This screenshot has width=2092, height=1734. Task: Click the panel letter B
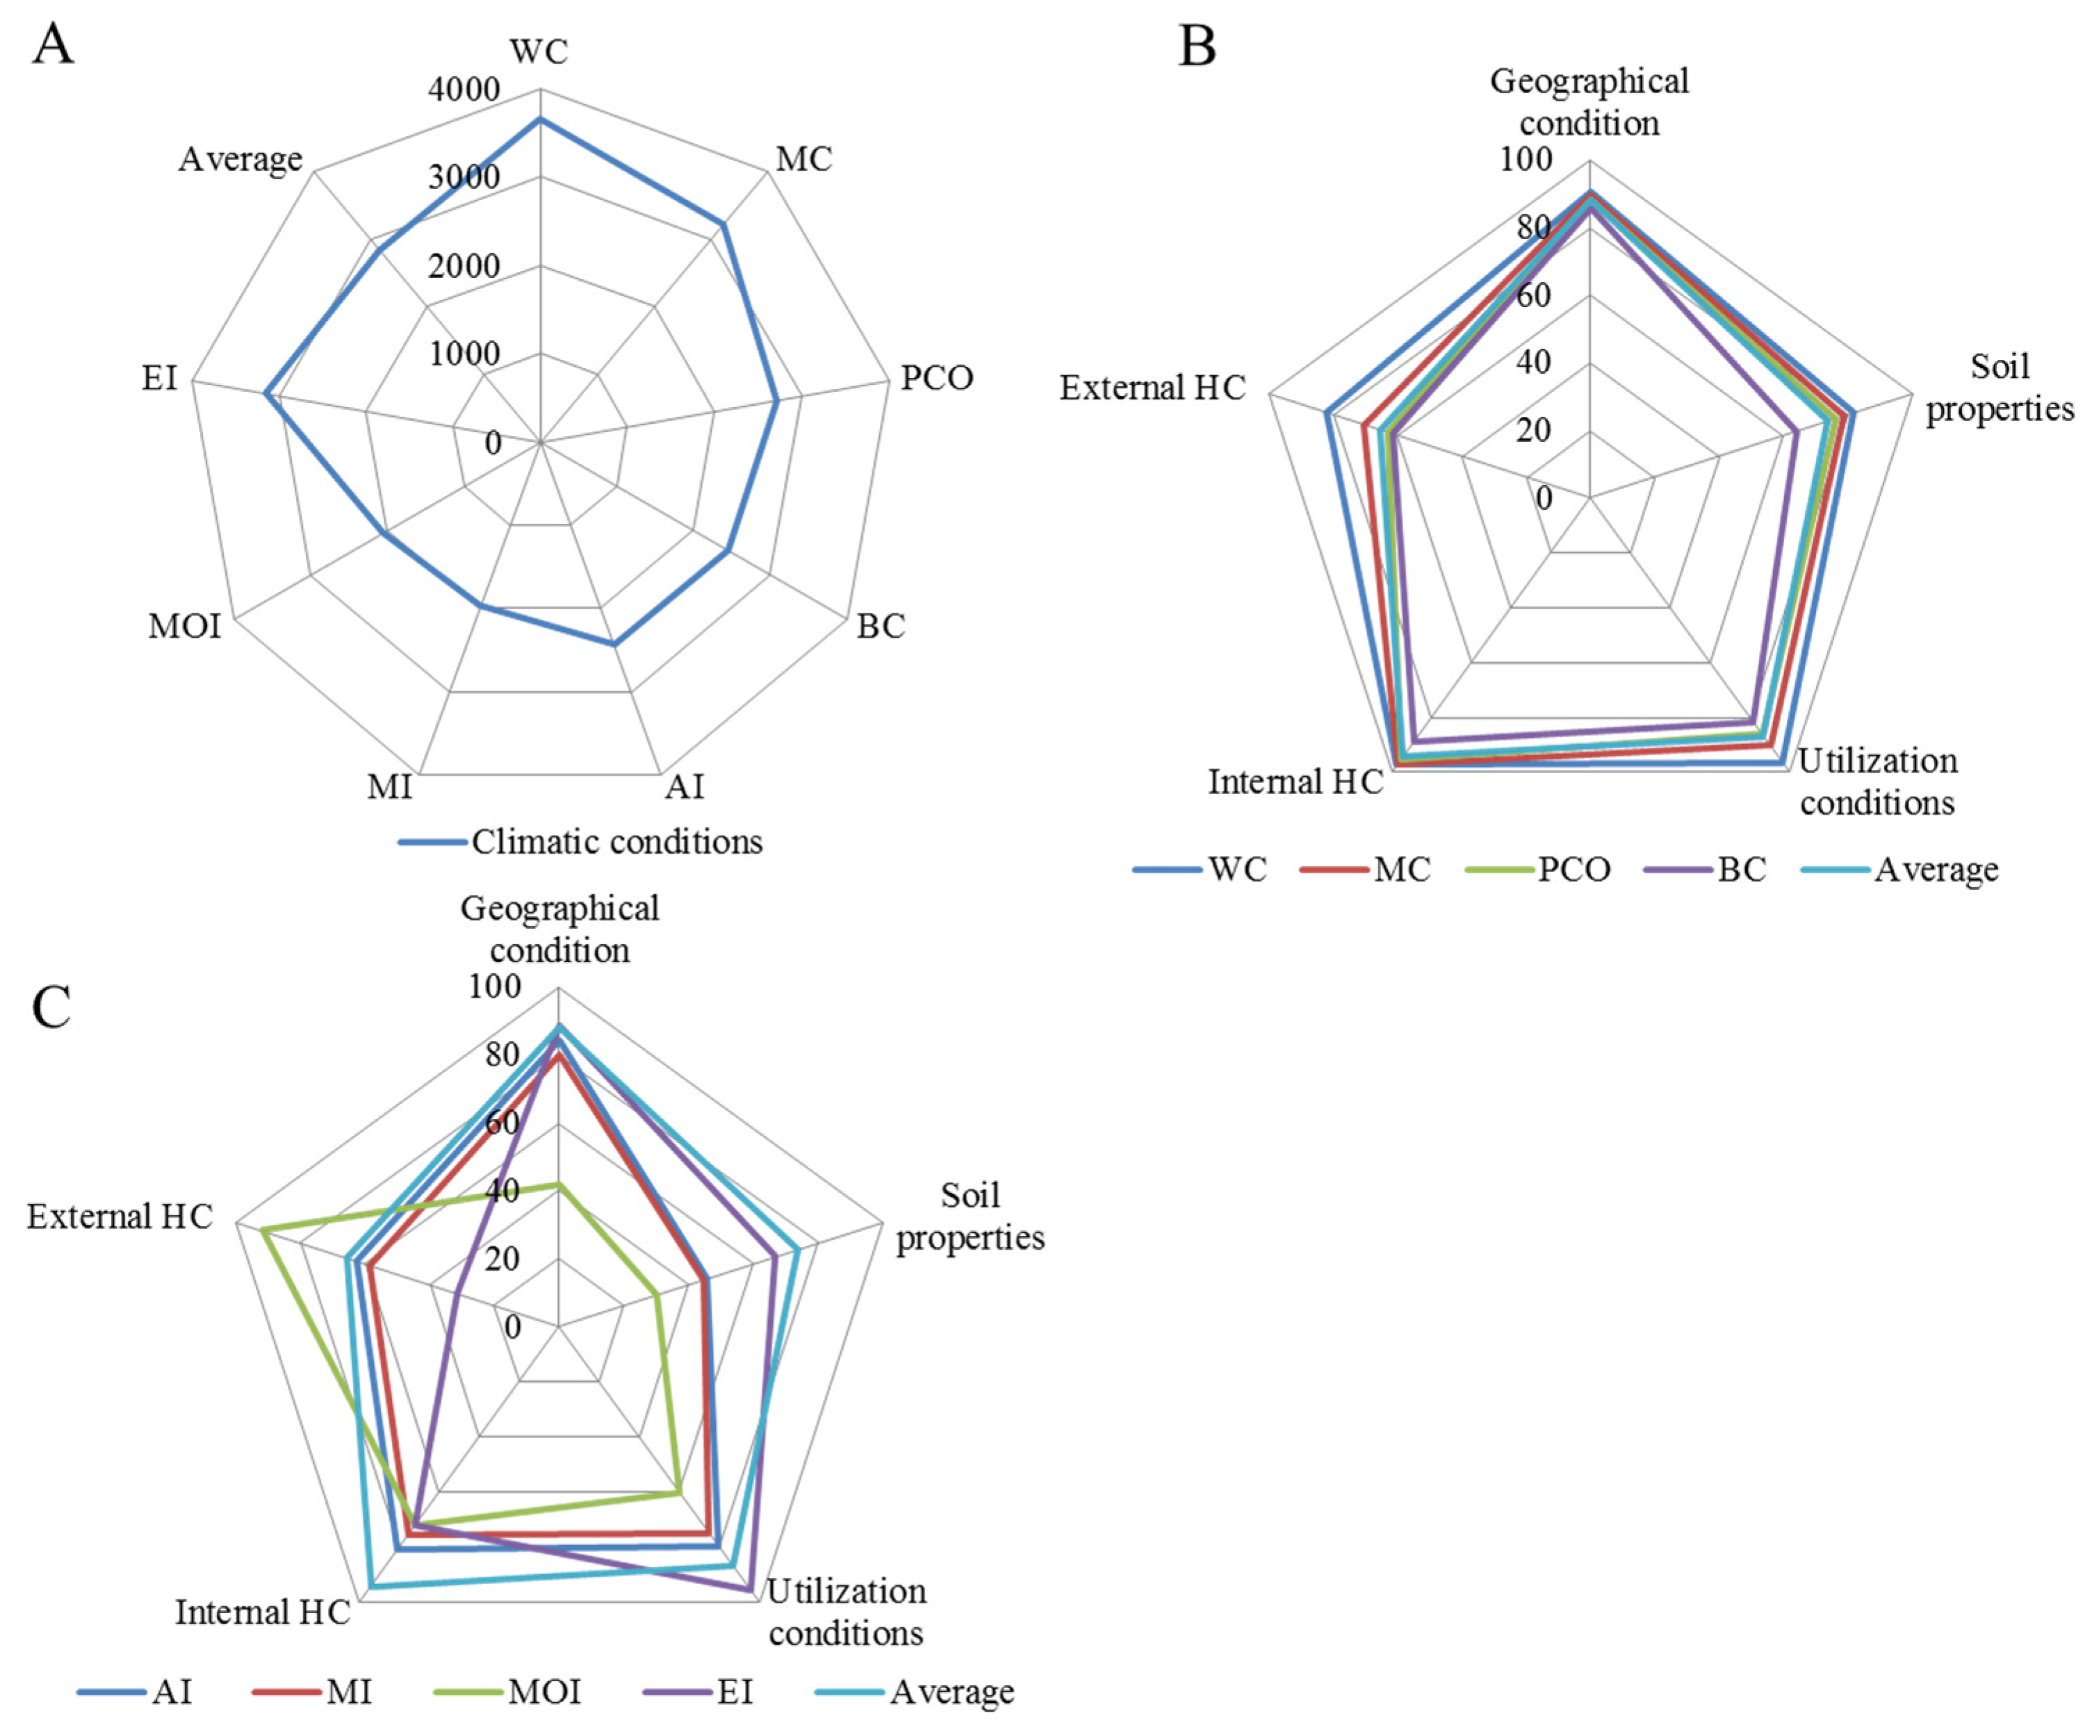(x=1196, y=46)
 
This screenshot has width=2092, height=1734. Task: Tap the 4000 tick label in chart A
(x=464, y=90)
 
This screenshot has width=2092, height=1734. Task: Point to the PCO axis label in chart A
(x=936, y=379)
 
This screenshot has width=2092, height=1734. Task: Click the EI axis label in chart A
(x=159, y=379)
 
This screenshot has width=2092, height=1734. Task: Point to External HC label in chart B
(x=1152, y=388)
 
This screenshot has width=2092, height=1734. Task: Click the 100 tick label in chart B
(x=1526, y=159)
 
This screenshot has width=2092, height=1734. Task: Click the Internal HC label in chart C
(x=263, y=1612)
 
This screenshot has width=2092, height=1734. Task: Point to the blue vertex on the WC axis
(x=540, y=119)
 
